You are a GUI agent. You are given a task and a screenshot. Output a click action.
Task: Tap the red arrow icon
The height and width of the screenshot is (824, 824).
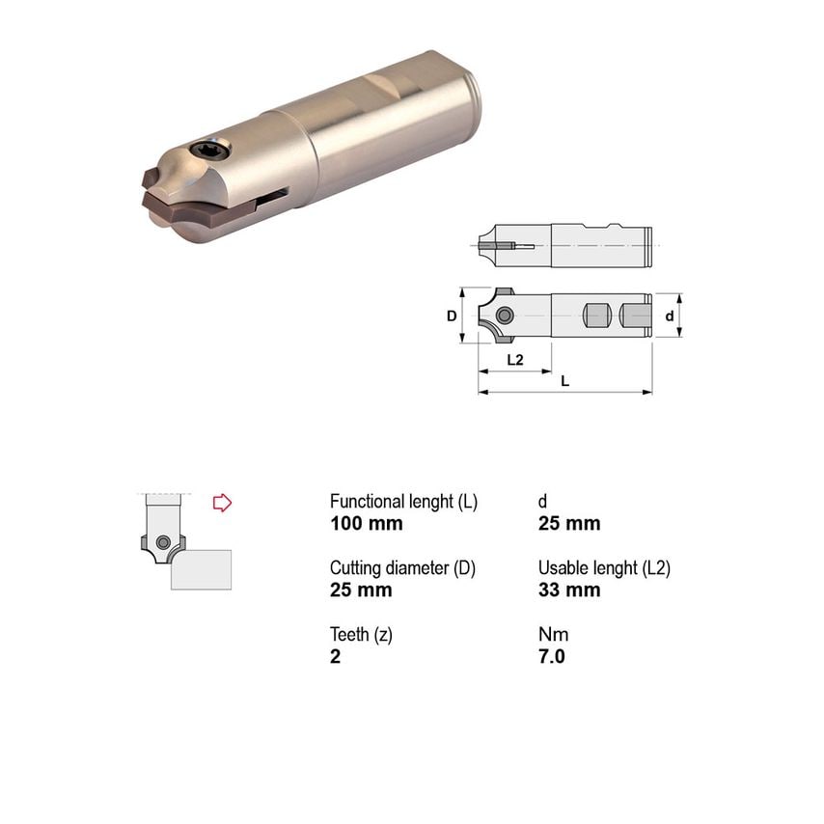pos(222,503)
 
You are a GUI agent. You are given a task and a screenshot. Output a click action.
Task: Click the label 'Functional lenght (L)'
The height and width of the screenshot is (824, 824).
pos(403,502)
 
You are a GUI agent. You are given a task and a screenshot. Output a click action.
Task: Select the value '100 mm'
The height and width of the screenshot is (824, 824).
pos(366,524)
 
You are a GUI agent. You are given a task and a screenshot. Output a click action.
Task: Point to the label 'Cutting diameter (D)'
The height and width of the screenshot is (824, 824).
pos(402,568)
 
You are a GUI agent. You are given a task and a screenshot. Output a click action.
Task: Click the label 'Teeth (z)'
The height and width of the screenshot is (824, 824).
pos(362,635)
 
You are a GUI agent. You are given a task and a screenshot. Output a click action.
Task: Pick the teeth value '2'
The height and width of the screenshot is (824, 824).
pos(335,657)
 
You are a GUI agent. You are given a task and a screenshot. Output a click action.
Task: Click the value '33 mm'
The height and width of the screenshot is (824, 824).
pos(568,591)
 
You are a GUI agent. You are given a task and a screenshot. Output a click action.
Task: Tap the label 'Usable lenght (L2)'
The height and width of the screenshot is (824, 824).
pos(603,568)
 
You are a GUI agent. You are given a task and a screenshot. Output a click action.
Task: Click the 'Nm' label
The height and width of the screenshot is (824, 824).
pos(553,635)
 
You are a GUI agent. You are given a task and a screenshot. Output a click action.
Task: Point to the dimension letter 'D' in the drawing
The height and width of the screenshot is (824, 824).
pos(451,316)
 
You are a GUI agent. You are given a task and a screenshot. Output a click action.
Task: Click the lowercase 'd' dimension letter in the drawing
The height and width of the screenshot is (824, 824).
pos(669,316)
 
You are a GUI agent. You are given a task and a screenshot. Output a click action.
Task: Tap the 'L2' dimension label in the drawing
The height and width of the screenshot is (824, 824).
pos(514,359)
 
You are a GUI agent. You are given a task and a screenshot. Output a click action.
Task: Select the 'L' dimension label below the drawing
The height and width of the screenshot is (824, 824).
pos(564,381)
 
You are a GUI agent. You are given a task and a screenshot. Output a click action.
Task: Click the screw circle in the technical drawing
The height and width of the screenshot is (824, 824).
pos(504,316)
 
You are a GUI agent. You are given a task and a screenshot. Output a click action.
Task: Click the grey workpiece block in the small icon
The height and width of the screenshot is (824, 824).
pos(201,569)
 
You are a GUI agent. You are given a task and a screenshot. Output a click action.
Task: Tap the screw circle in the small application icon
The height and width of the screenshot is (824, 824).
pos(165,541)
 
